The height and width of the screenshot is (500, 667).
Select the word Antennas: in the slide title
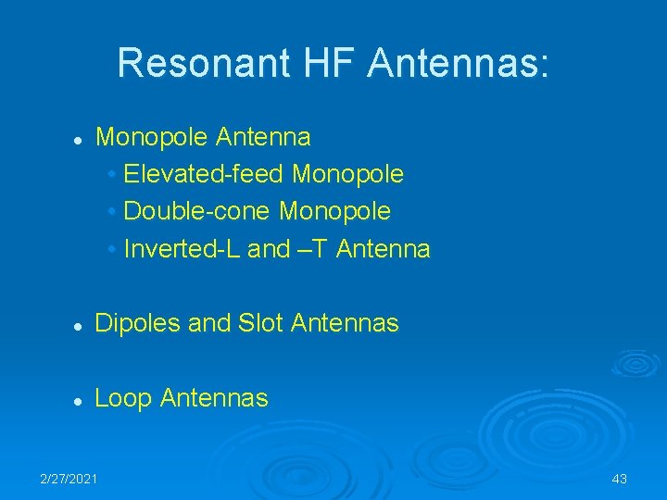(x=459, y=64)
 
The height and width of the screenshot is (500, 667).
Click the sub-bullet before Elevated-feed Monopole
(x=111, y=175)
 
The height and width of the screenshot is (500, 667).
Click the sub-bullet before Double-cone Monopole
(x=111, y=212)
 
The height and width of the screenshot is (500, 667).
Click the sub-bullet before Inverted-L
(x=111, y=249)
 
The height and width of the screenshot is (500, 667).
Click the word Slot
(x=261, y=323)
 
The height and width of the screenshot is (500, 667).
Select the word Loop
(x=124, y=399)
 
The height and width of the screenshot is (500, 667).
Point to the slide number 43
(x=619, y=478)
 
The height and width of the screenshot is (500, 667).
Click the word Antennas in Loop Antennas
(x=214, y=399)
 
